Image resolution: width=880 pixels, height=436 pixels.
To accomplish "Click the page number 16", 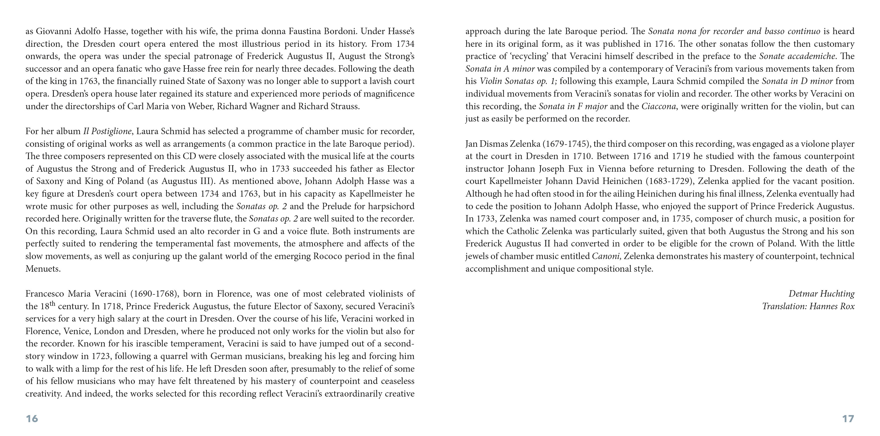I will (32, 418).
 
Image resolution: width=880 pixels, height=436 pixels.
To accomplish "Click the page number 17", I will (848, 418).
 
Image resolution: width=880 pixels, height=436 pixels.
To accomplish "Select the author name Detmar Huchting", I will (821, 294).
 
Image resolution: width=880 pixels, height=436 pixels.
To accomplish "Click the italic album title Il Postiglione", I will (107, 131).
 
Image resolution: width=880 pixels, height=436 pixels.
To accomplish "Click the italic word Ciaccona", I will (659, 106).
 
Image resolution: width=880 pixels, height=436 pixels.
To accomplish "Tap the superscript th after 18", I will (52, 303).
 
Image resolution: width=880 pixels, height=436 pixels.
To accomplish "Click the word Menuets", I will (43, 269).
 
